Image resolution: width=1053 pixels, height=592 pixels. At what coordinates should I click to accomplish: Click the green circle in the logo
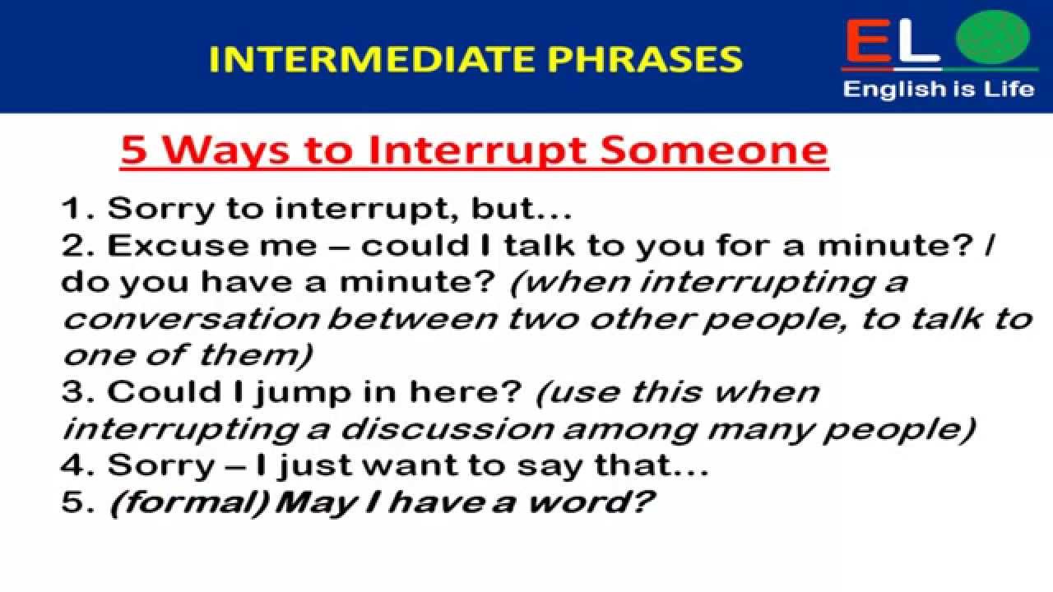[x=993, y=37]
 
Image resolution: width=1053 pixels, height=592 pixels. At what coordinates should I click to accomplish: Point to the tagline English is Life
[x=939, y=89]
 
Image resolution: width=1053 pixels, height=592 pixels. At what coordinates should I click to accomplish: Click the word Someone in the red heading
[x=714, y=150]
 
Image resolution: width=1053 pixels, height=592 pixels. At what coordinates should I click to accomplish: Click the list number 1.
[x=74, y=209]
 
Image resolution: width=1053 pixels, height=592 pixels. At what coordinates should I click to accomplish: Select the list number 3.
[x=77, y=391]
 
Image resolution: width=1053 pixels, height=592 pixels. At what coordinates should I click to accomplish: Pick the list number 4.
[x=77, y=465]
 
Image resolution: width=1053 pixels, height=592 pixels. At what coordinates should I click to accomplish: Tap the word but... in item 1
[x=522, y=208]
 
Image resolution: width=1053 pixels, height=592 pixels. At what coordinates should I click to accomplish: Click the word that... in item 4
[x=652, y=465]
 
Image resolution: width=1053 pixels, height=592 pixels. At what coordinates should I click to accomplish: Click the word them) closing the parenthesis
[x=256, y=355]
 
